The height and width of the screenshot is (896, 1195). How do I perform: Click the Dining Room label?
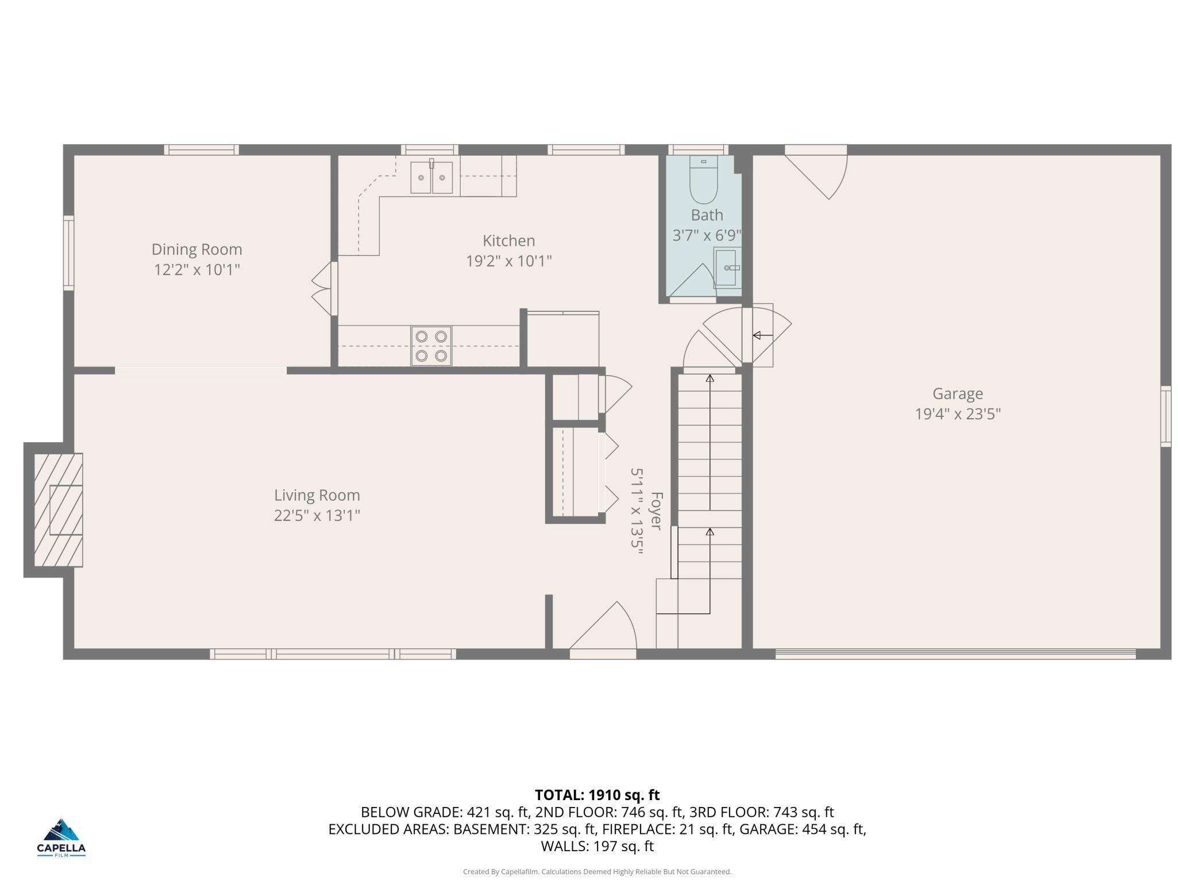(x=196, y=249)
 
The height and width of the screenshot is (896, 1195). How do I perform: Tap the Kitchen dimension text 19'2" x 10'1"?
(x=508, y=261)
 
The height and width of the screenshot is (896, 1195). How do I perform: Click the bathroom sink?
(x=727, y=268)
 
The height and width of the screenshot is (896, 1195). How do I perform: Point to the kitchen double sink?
(x=431, y=177)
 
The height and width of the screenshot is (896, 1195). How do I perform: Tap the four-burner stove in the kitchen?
(x=431, y=346)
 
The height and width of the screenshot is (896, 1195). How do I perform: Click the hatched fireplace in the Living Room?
(x=58, y=509)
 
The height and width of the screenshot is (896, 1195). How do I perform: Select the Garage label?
(x=958, y=394)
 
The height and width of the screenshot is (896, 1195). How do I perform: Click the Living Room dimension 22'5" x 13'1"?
(x=317, y=515)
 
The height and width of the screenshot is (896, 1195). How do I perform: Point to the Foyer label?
(x=656, y=511)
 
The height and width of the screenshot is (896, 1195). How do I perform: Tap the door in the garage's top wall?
(x=816, y=172)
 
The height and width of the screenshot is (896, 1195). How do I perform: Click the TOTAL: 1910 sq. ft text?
(x=597, y=795)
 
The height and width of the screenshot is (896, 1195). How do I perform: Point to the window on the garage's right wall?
(x=1166, y=416)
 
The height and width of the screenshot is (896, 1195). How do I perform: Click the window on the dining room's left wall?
(x=68, y=253)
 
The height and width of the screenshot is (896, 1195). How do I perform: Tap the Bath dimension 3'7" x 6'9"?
(x=707, y=235)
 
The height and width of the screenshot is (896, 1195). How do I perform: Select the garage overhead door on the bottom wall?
(x=955, y=654)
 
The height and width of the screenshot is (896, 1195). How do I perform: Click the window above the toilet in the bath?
(x=698, y=150)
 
